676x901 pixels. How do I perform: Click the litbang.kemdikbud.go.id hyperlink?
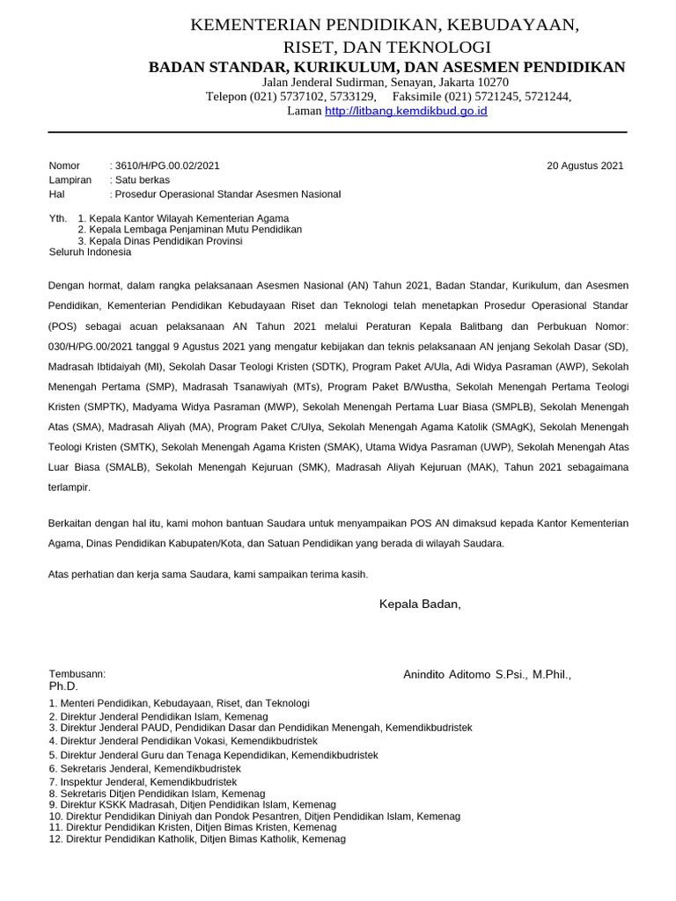406,112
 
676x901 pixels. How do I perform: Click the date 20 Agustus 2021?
584,165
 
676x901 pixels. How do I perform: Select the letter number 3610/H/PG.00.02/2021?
167,165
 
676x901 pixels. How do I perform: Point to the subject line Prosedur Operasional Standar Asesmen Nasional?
230,194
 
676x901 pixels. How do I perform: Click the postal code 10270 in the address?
491,82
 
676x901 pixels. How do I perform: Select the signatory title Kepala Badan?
419,604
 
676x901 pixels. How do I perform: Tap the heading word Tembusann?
77,674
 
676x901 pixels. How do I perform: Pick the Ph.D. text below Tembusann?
63,686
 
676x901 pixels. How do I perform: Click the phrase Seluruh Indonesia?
90,252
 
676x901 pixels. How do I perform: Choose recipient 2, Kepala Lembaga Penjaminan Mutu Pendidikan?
190,229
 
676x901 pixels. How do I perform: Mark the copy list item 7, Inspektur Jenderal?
143,781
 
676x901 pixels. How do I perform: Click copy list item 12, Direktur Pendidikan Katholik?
197,839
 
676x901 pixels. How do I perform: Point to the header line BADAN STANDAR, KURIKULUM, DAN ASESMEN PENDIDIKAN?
386,67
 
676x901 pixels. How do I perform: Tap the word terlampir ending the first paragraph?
70,487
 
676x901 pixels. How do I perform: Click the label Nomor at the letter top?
64,165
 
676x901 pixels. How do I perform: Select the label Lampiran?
70,179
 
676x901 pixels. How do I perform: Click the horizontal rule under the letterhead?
337,132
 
